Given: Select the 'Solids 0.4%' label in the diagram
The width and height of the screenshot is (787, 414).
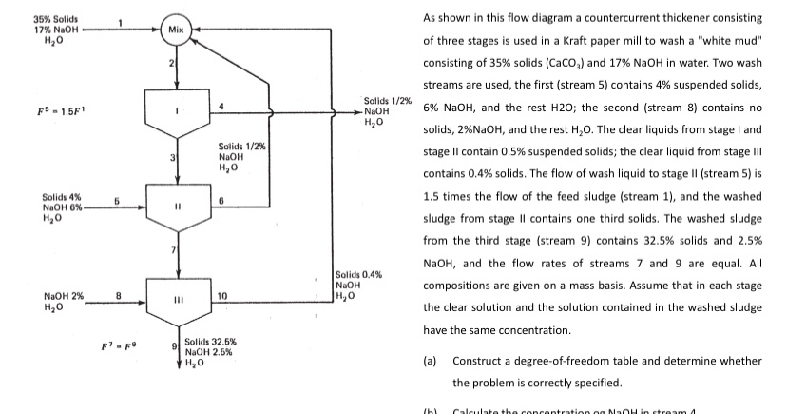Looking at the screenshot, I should point(360,274).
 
